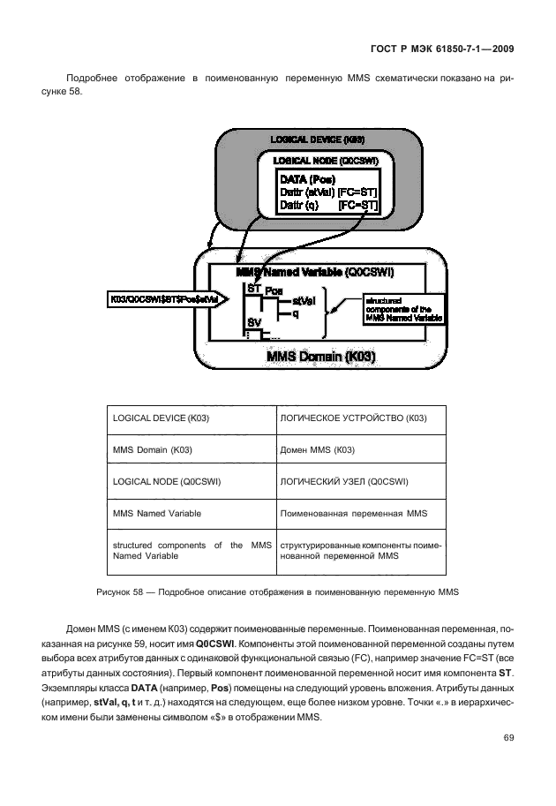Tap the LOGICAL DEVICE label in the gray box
tap(317, 140)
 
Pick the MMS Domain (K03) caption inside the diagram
tap(319, 358)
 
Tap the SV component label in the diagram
tap(254, 321)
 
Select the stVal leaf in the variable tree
tap(303, 301)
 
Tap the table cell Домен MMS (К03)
tap(318, 449)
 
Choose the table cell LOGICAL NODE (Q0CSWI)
tap(167, 481)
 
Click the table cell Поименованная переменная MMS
tap(353, 513)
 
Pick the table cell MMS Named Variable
tap(156, 513)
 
